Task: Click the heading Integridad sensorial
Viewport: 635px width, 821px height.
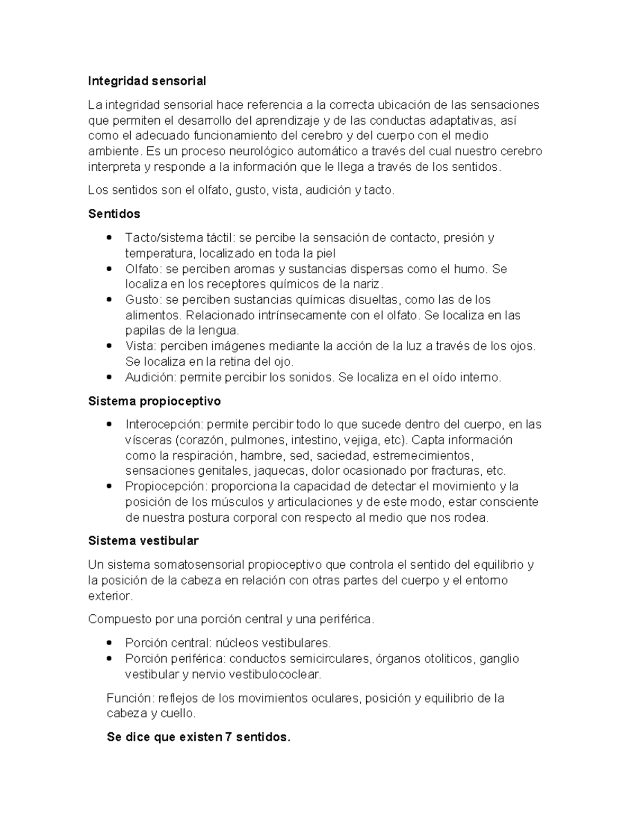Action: (x=147, y=81)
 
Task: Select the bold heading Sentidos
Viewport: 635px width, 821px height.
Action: (x=114, y=214)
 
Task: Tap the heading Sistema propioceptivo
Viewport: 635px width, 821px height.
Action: (x=154, y=401)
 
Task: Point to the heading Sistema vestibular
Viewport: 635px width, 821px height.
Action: (x=143, y=541)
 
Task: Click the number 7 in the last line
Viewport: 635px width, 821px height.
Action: (x=229, y=737)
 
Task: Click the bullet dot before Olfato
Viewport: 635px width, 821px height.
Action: (x=109, y=269)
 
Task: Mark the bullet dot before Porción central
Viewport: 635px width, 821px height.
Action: (x=109, y=643)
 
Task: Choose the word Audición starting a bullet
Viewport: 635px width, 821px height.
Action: (x=150, y=377)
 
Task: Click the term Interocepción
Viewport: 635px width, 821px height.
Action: (x=164, y=425)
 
